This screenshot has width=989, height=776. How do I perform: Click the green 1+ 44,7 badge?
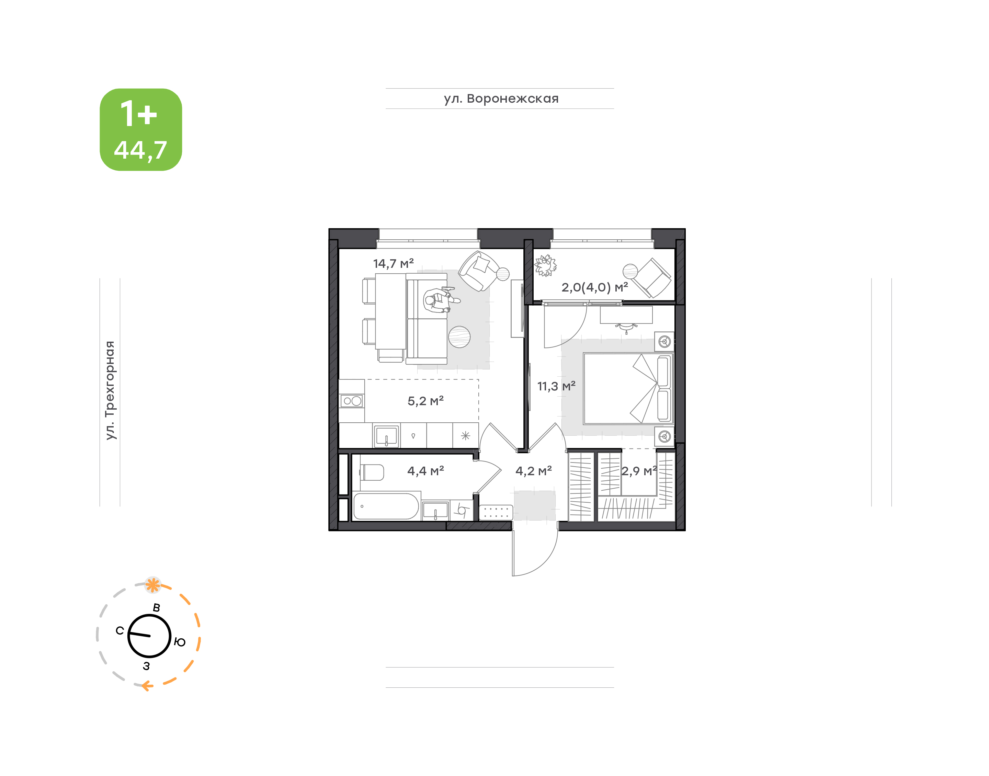pos(141,129)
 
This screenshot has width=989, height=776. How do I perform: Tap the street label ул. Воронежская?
pos(501,99)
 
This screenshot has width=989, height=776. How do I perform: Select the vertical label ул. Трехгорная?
pos(110,390)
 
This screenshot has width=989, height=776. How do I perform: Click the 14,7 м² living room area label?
pos(394,263)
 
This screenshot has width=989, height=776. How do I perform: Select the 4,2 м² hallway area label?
pos(534,471)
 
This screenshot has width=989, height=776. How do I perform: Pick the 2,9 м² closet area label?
pos(639,471)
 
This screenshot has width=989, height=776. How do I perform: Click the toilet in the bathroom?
pos(372,472)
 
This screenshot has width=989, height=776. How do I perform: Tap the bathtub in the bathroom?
pos(386,506)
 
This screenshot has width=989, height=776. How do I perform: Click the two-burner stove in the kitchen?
pos(352,401)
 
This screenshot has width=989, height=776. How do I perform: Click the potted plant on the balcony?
pos(545,266)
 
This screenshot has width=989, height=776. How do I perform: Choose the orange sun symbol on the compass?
pos(153,585)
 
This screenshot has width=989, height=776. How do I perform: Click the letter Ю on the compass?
pos(180,642)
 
